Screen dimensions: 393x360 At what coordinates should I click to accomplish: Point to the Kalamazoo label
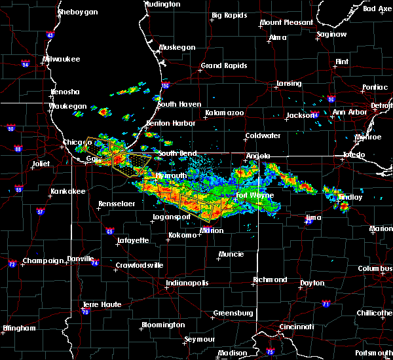click(224, 113)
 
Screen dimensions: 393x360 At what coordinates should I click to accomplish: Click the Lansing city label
click(288, 84)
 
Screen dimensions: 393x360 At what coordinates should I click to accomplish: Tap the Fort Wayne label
click(251, 195)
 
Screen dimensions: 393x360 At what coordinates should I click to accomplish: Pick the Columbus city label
click(375, 268)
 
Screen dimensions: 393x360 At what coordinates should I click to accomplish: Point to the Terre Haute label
click(103, 304)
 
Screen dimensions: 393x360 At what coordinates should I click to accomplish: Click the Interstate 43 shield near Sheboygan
click(32, 35)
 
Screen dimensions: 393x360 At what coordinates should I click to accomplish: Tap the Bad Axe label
click(377, 9)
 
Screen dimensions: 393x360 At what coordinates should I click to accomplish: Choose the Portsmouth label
click(377, 353)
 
